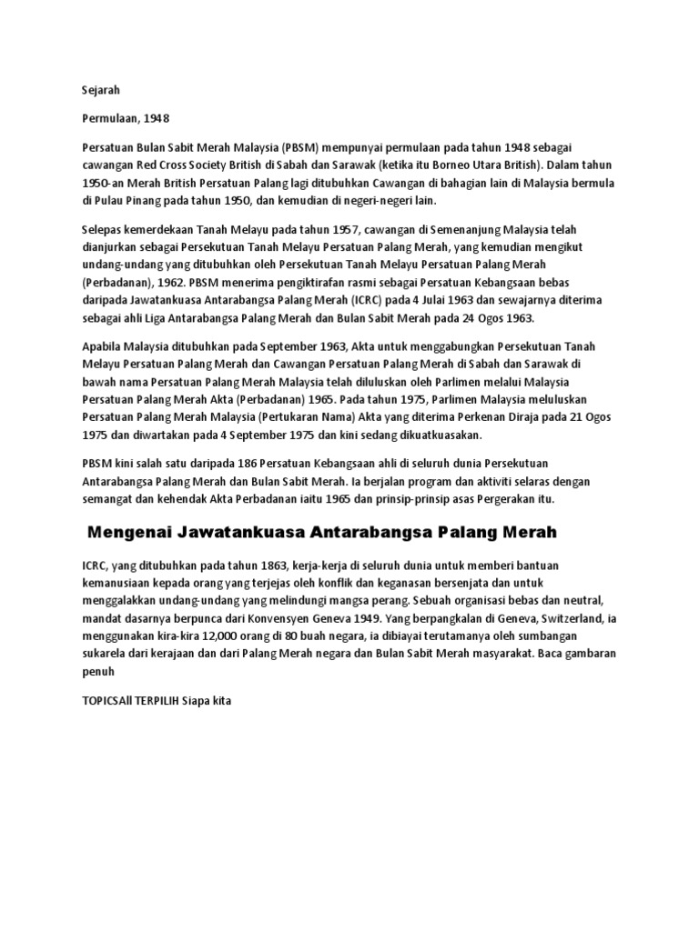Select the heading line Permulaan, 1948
tap(126, 118)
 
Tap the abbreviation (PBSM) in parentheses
tap(301, 147)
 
